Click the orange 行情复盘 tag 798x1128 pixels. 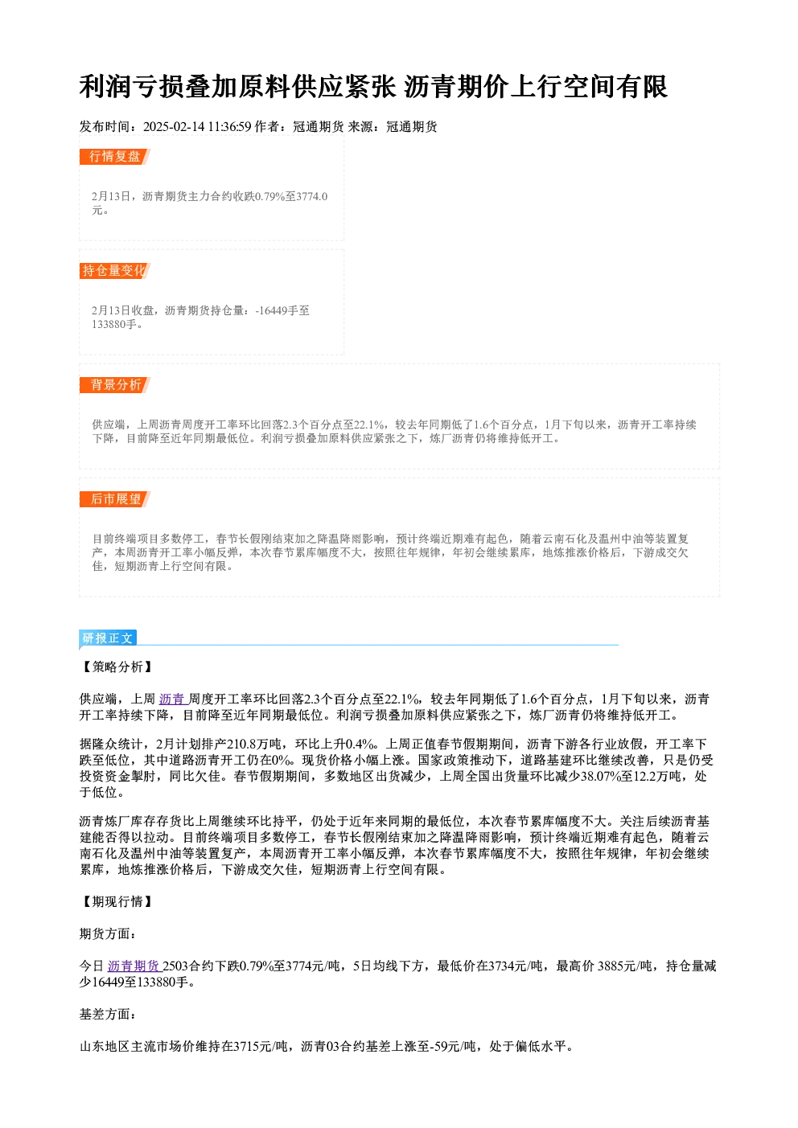pos(115,157)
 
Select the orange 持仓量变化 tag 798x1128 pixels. pos(115,271)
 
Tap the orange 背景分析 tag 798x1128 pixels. pos(115,385)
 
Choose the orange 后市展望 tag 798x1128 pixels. pos(115,499)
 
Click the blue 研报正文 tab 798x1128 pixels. pos(108,638)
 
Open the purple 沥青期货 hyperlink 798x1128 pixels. pos(134,966)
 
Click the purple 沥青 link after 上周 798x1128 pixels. pos(173,699)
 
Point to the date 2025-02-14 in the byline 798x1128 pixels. pos(174,126)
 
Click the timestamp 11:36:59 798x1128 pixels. pos(230,126)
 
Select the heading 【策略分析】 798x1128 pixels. pos(117,667)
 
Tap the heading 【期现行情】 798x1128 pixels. pos(117,901)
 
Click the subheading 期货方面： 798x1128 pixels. pos(108,933)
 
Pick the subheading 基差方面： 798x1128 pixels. pos(108,1014)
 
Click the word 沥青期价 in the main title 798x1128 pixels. pos(456,87)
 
